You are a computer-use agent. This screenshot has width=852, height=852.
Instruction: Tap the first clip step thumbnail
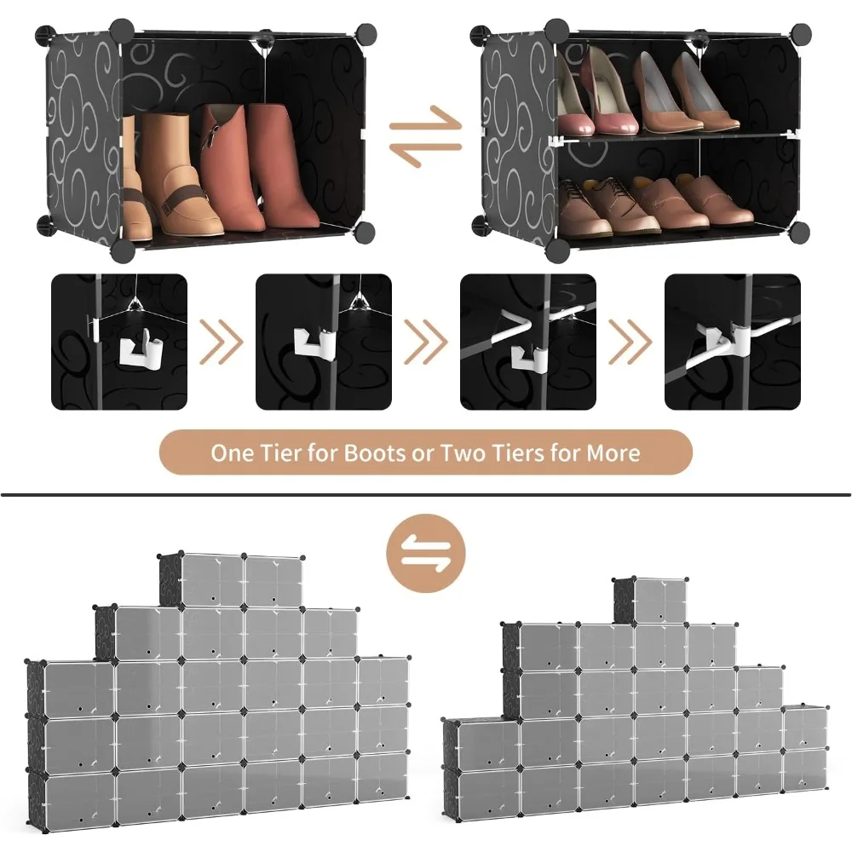coord(119,341)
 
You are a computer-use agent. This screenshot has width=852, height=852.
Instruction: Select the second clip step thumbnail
coord(324,341)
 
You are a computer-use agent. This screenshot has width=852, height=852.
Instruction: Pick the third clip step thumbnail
coord(528,341)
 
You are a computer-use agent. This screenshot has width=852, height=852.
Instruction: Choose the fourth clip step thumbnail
coord(733,341)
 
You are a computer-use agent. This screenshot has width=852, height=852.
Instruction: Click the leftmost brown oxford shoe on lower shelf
coord(584,209)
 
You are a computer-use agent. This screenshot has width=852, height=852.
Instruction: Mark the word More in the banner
coord(612,452)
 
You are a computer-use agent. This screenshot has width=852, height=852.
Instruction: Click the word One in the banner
coord(233,452)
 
